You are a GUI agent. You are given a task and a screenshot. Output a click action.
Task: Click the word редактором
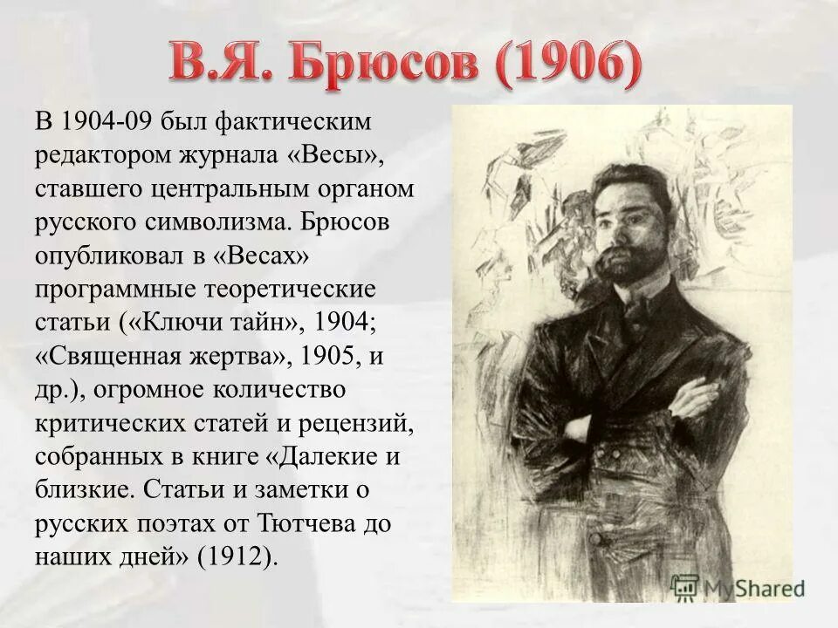tap(102, 154)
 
